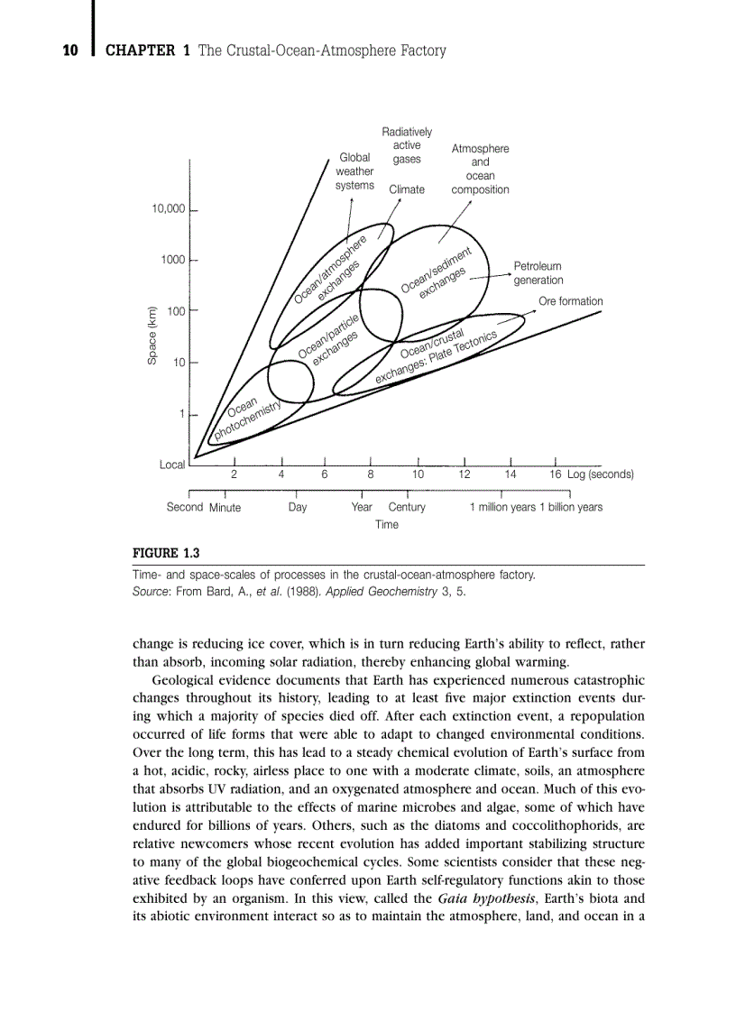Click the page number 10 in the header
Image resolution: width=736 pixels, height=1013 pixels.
(70, 51)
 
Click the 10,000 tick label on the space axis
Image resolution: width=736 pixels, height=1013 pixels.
(168, 209)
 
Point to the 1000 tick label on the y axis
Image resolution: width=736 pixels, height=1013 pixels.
(172, 260)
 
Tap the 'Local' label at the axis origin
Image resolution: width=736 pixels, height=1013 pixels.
(172, 465)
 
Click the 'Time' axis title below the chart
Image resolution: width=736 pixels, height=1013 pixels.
(387, 524)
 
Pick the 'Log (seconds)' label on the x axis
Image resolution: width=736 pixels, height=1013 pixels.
(600, 474)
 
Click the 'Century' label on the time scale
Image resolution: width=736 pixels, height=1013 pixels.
(407, 507)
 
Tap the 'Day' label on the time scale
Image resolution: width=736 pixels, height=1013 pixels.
(298, 507)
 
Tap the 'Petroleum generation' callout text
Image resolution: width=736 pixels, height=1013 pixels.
(538, 273)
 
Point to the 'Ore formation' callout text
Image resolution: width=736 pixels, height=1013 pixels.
(570, 301)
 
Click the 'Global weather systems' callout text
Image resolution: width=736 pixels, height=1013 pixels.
(354, 171)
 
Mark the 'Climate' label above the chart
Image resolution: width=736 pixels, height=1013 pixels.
(407, 189)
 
